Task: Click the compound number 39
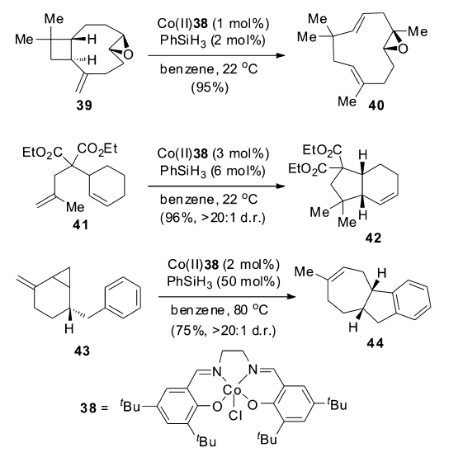click(84, 105)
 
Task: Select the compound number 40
click(376, 106)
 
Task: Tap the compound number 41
click(80, 225)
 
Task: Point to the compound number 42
click(373, 238)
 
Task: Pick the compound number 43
click(82, 351)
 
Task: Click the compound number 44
click(375, 343)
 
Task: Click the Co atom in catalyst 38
click(232, 390)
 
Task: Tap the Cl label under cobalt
click(235, 416)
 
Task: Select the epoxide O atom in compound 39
click(128, 54)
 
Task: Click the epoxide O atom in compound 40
click(403, 49)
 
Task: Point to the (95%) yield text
click(210, 87)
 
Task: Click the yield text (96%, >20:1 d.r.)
click(213, 218)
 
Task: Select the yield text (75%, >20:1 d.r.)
click(223, 330)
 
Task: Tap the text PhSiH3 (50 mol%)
click(223, 281)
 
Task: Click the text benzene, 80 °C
click(220, 310)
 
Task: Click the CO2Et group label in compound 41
click(97, 148)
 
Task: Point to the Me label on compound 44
click(304, 271)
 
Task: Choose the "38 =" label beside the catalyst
click(94, 408)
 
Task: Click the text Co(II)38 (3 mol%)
click(213, 153)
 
